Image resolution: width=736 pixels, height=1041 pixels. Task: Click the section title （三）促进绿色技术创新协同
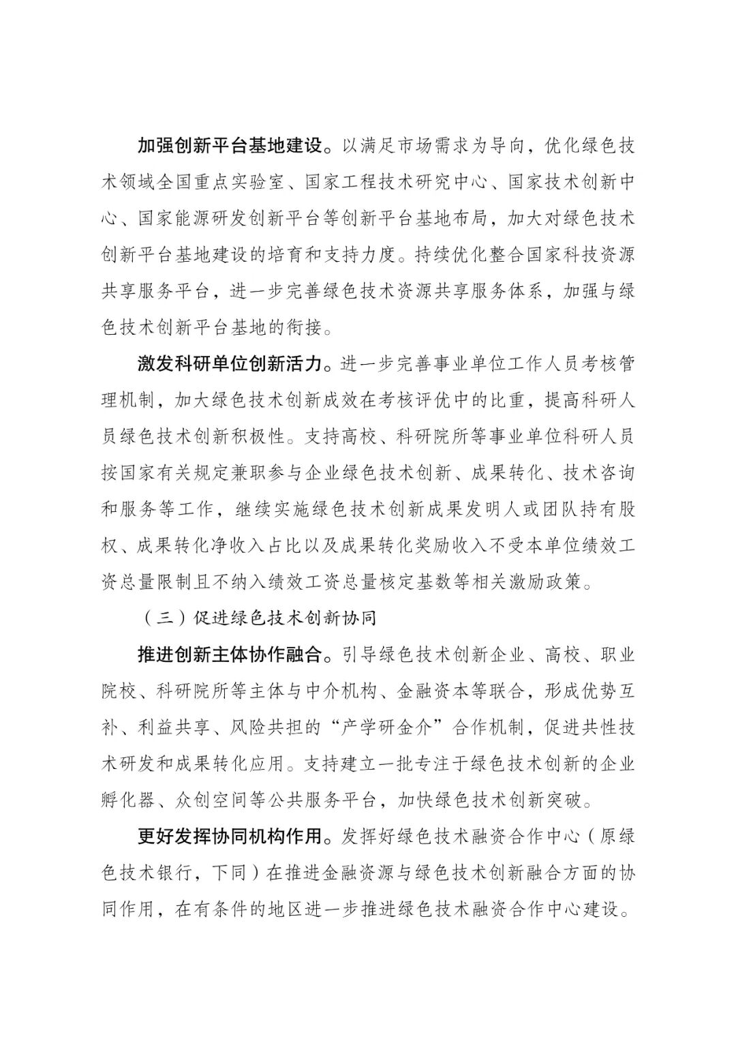tap(260, 618)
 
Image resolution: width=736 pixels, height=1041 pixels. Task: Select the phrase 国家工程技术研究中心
tap(395, 182)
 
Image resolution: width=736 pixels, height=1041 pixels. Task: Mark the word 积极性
tap(257, 437)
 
